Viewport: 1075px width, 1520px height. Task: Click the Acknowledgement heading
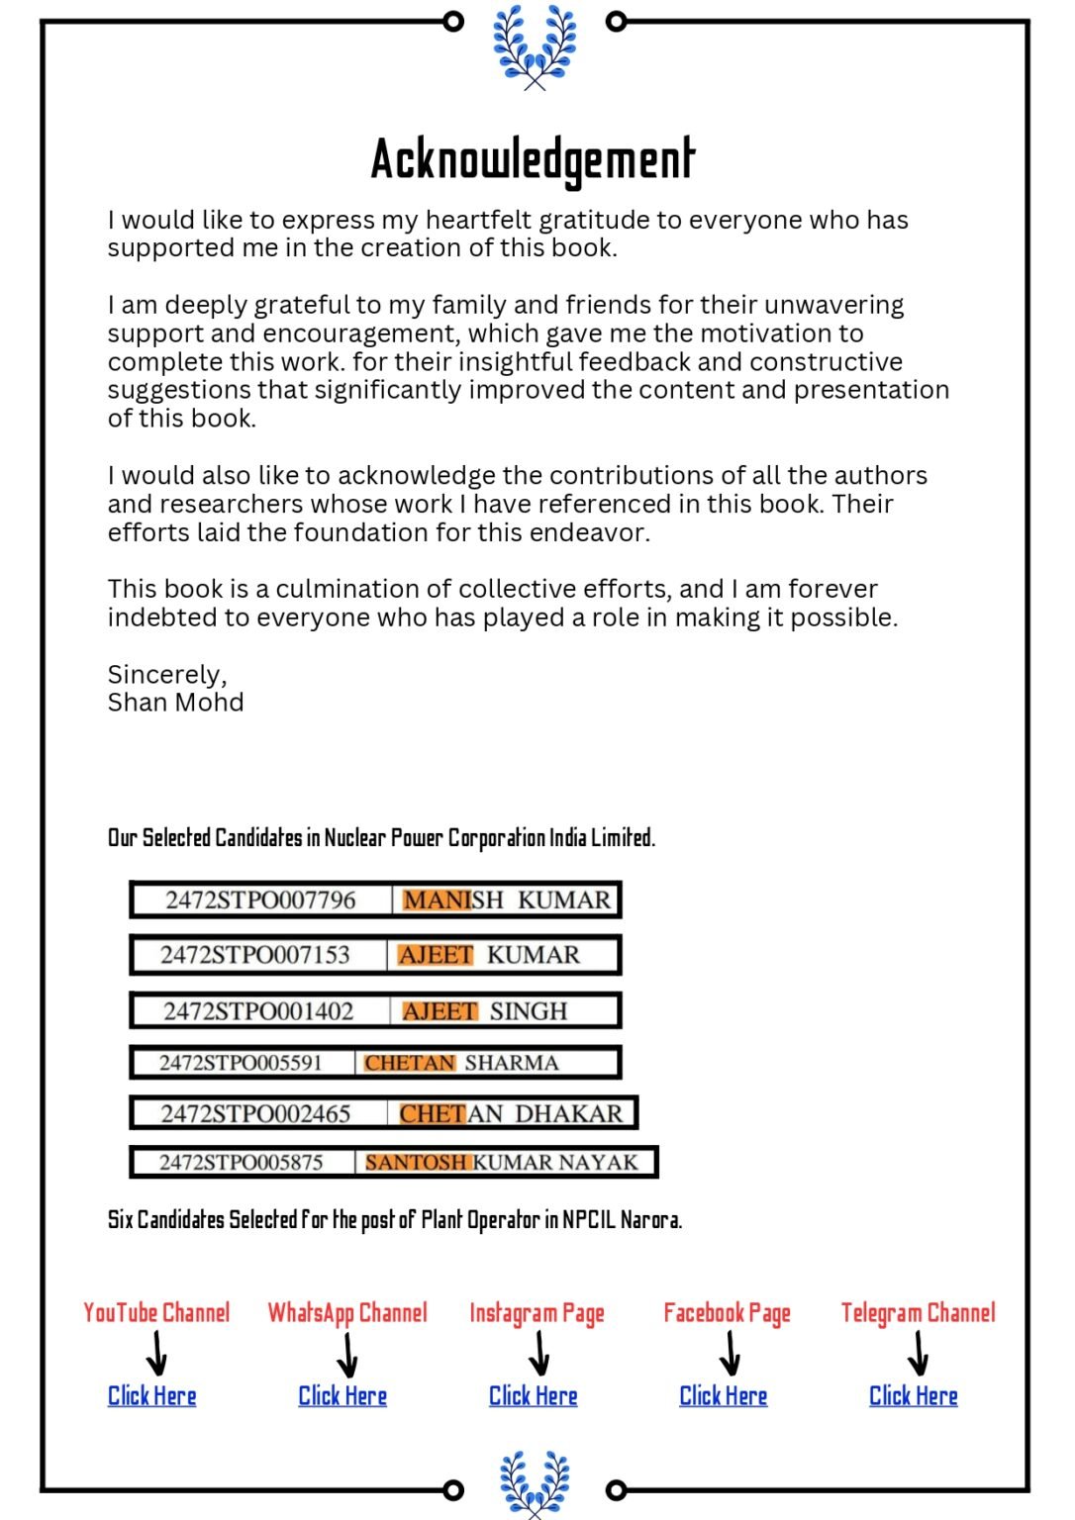tap(533, 159)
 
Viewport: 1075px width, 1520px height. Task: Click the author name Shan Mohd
tap(175, 703)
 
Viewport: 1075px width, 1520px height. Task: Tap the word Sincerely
tap(166, 675)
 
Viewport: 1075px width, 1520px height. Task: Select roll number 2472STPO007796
tap(260, 900)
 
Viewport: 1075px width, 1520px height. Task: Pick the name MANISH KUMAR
tap(507, 900)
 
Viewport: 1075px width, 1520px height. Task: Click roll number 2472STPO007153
tap(255, 955)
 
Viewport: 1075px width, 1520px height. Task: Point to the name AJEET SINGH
tap(485, 1011)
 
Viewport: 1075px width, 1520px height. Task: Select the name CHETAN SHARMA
tap(461, 1063)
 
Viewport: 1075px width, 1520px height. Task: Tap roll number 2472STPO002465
tap(255, 1113)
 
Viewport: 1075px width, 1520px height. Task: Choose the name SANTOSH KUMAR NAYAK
tap(502, 1162)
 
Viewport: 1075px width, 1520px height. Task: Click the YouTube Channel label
tap(156, 1313)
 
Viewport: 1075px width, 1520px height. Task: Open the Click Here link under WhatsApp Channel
tap(342, 1396)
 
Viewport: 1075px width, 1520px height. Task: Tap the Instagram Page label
tap(537, 1313)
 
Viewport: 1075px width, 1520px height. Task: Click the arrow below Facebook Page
tap(730, 1353)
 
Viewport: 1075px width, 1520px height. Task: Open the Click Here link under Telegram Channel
tap(913, 1396)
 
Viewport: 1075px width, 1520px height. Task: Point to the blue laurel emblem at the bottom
tap(535, 1482)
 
